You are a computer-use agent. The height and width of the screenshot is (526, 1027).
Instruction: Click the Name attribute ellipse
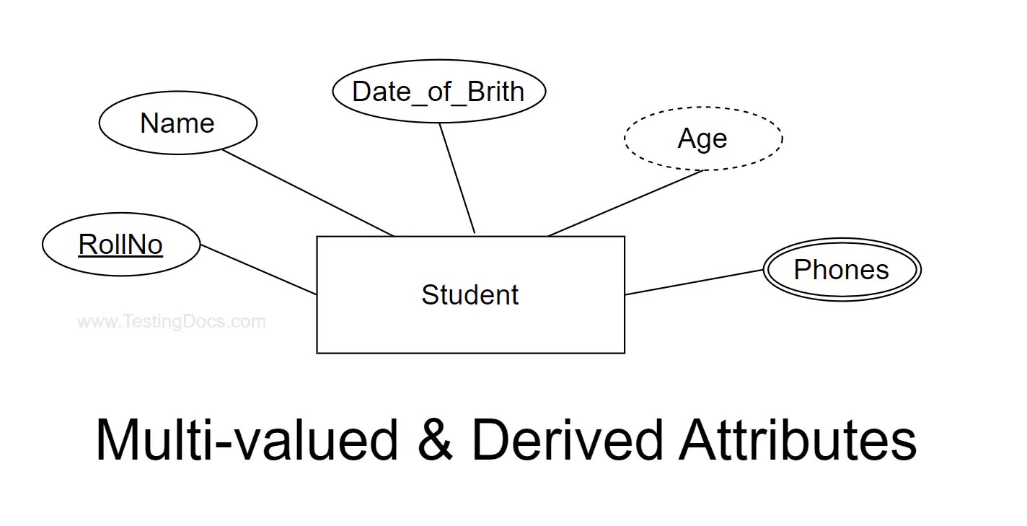[177, 123]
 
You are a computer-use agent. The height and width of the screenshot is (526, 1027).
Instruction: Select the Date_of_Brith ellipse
[438, 92]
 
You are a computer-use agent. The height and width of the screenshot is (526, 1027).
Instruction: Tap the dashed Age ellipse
[703, 138]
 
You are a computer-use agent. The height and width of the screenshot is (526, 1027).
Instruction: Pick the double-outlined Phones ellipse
[842, 270]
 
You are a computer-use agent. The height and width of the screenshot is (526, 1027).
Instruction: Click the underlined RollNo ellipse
[120, 245]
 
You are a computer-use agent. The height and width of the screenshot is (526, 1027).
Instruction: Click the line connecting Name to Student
[308, 193]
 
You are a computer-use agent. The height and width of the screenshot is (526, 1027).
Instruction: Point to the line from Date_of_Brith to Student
[457, 178]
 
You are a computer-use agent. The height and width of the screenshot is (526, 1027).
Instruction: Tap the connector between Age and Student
[625, 203]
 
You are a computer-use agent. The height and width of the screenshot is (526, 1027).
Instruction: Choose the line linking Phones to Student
[694, 282]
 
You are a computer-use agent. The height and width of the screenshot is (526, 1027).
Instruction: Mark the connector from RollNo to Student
[258, 270]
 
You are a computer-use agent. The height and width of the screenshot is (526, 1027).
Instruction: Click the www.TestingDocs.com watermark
[172, 322]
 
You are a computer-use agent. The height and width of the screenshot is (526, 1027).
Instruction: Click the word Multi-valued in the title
[247, 440]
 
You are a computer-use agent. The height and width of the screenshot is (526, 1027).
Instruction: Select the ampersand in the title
[435, 440]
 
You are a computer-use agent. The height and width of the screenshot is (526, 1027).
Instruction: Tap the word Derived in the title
[567, 440]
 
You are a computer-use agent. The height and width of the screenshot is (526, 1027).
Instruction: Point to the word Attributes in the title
[798, 440]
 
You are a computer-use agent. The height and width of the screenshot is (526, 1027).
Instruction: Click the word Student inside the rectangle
[470, 295]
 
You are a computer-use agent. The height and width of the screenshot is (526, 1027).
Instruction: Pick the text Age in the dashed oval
[702, 139]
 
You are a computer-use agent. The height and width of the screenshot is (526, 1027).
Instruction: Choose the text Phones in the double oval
[841, 270]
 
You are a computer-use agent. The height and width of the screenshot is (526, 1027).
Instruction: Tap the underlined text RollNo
[120, 245]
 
